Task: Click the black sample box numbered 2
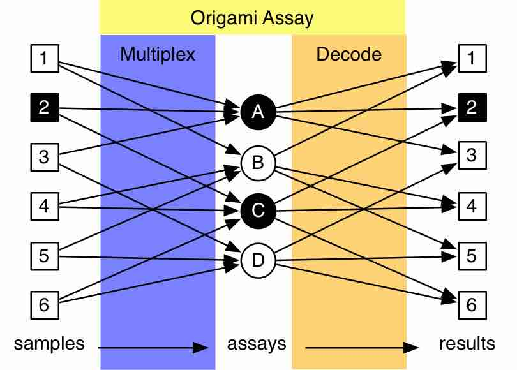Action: point(44,107)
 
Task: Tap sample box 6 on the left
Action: point(44,305)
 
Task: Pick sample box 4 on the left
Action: point(44,206)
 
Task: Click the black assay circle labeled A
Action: point(258,112)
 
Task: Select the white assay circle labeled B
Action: point(258,162)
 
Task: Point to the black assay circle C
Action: point(258,211)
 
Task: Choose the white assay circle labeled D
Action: point(258,260)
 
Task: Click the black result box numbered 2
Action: point(471,107)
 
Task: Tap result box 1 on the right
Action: point(471,59)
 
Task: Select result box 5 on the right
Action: point(471,256)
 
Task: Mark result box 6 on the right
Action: point(471,305)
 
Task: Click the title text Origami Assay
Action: point(253,18)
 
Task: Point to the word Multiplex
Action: point(158,54)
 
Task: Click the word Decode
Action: point(348,54)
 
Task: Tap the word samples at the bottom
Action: point(49,343)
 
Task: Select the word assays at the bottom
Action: point(257,344)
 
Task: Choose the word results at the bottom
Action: point(467,343)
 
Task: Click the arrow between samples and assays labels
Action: point(153,348)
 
